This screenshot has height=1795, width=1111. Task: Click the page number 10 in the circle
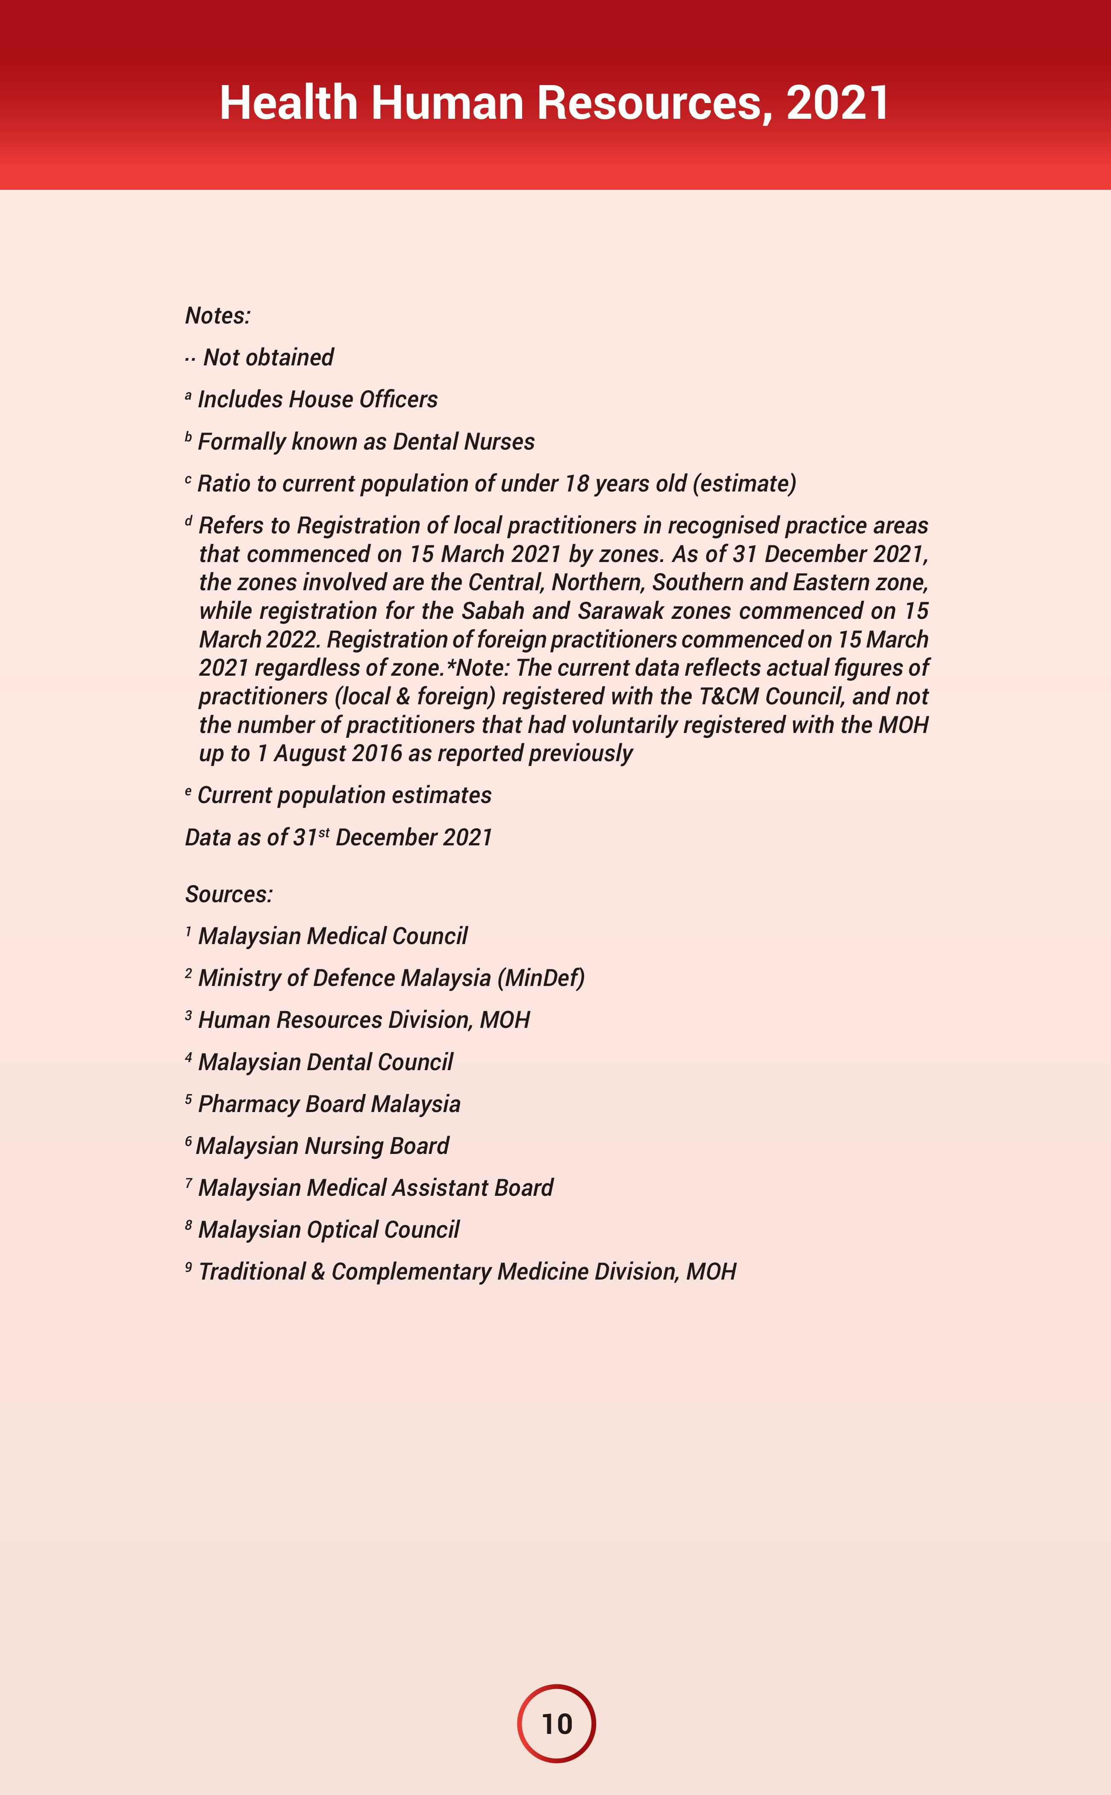[x=556, y=1723]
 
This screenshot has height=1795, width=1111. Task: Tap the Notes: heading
[x=217, y=316]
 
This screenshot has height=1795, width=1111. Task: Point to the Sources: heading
[x=229, y=894]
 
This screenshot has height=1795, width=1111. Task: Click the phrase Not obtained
[x=268, y=358]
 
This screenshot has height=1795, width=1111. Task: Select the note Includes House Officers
[x=317, y=400]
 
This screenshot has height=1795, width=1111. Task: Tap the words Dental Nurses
[x=464, y=441]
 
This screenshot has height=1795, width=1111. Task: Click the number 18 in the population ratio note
[x=576, y=483]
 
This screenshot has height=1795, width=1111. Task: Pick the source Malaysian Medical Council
[x=333, y=936]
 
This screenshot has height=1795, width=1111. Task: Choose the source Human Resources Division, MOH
[x=364, y=1020]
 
